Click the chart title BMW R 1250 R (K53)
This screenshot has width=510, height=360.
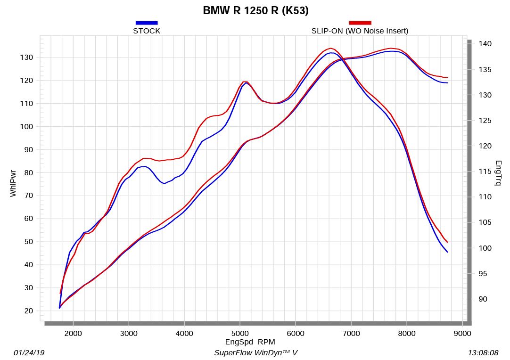click(255, 10)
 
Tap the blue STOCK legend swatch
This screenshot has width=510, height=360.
click(147, 23)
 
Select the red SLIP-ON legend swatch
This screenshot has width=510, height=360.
click(360, 23)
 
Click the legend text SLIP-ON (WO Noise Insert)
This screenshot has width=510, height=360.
click(360, 31)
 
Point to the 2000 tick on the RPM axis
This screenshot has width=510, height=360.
click(73, 334)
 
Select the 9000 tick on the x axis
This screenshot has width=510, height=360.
click(462, 334)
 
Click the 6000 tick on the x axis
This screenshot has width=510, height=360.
click(296, 334)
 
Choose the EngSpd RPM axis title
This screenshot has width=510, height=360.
click(250, 342)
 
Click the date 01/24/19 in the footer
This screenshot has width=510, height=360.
click(29, 352)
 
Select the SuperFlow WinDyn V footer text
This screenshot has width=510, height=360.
click(255, 352)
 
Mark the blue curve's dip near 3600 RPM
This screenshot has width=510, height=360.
click(164, 183)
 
